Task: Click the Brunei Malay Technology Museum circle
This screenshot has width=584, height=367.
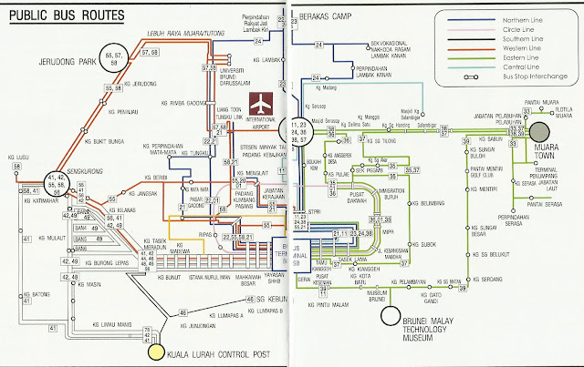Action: pos(391,316)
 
